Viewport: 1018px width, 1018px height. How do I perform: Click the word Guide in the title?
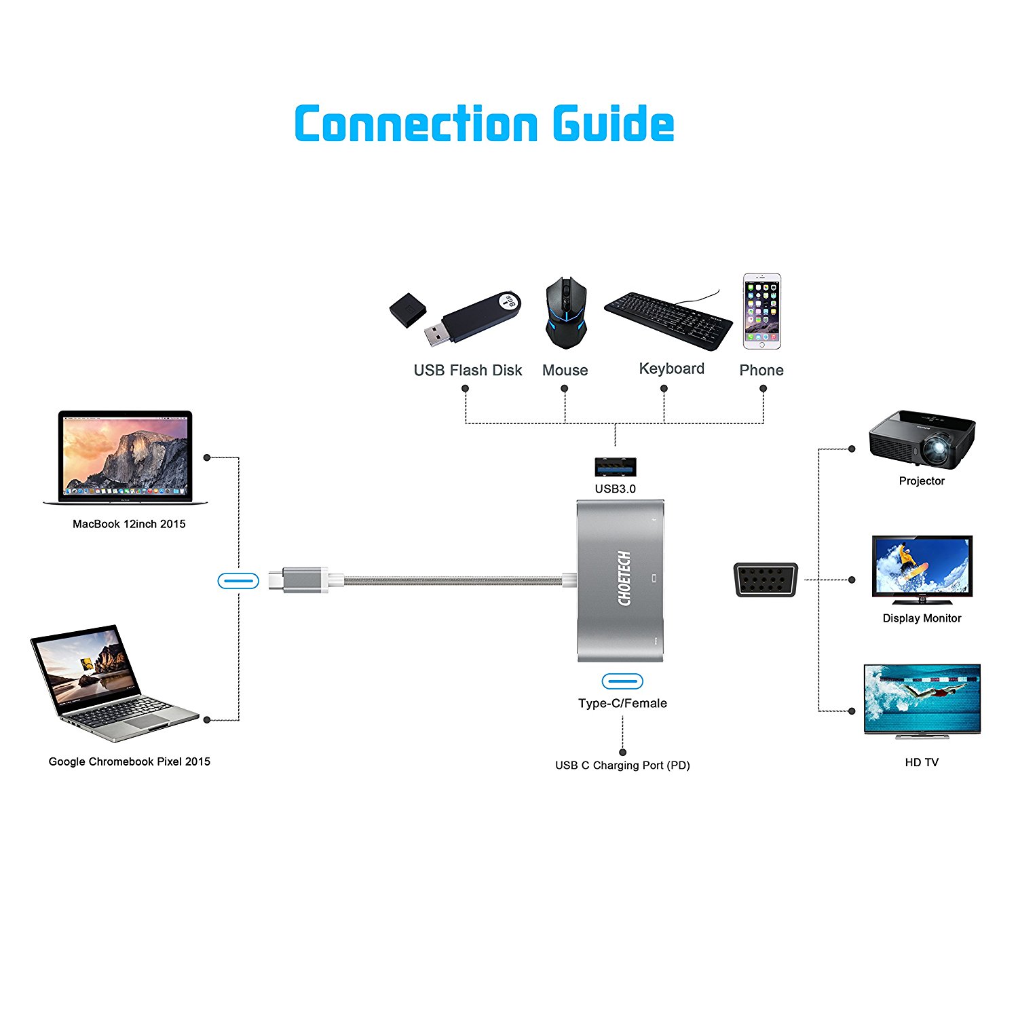pyautogui.click(x=613, y=124)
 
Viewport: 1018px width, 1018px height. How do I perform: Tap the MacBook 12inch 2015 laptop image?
pyautogui.click(x=126, y=457)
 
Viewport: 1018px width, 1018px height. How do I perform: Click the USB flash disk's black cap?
pyautogui.click(x=407, y=310)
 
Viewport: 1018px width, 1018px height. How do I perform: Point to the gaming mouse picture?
pyautogui.click(x=565, y=312)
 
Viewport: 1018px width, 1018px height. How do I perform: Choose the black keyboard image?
pyautogui.click(x=668, y=320)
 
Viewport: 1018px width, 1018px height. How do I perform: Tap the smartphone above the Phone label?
pyautogui.click(x=761, y=311)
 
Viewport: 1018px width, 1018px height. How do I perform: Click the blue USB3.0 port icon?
pyautogui.click(x=615, y=467)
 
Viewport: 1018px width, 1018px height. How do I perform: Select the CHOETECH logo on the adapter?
pyautogui.click(x=624, y=578)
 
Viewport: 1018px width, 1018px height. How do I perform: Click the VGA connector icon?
pyautogui.click(x=766, y=580)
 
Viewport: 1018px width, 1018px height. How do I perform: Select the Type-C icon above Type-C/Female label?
pyautogui.click(x=622, y=681)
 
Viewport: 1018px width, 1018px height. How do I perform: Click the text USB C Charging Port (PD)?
pyautogui.click(x=622, y=766)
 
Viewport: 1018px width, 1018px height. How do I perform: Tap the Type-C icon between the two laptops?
pyautogui.click(x=238, y=581)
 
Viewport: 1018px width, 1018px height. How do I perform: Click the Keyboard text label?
pyautogui.click(x=671, y=369)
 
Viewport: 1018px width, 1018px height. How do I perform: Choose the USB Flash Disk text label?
pyautogui.click(x=468, y=371)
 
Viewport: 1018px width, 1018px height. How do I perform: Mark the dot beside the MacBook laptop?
pyautogui.click(x=207, y=457)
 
